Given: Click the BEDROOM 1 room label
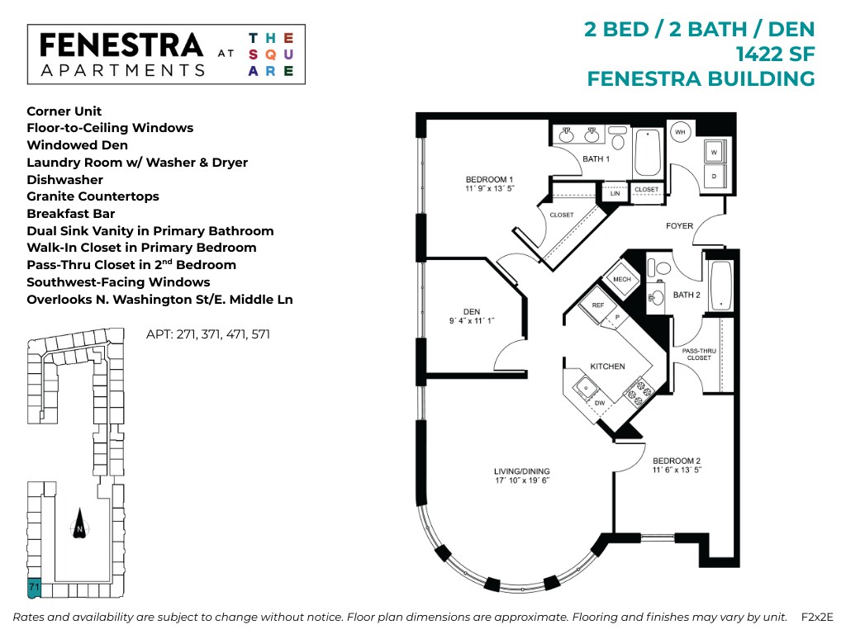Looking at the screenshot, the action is (x=489, y=180).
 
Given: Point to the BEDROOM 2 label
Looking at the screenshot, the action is (x=677, y=461).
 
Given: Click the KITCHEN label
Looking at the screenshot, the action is (x=607, y=367).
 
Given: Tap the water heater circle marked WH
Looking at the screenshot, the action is (x=681, y=132).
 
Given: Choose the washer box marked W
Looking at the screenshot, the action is (x=714, y=152).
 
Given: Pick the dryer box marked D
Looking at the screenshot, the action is (x=714, y=176).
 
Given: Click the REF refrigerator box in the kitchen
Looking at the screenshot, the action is (x=598, y=305).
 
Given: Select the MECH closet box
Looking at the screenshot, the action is (x=622, y=279).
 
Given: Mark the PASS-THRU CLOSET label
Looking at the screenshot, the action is (x=698, y=354).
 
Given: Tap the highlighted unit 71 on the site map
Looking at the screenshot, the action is (x=34, y=588).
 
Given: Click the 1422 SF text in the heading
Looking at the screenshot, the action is (x=775, y=54).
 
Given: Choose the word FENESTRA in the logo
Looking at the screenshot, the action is (x=121, y=45).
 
